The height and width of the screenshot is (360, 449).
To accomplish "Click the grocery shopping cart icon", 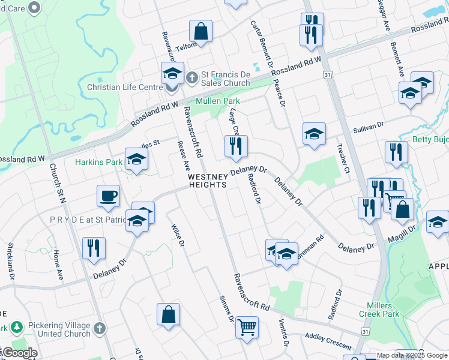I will pyautogui.click(x=247, y=327).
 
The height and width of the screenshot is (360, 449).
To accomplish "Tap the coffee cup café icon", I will pyautogui.click(x=108, y=196).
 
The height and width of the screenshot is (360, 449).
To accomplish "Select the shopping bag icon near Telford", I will pyautogui.click(x=200, y=31).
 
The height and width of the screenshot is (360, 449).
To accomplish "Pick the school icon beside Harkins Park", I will pyautogui.click(x=137, y=160).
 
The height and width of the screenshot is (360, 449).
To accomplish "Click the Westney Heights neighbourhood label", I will pyautogui.click(x=208, y=181).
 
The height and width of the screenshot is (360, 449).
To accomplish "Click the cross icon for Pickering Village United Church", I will pyautogui.click(x=100, y=329).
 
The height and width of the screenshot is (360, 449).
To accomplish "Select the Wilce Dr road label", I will pyautogui.click(x=178, y=234).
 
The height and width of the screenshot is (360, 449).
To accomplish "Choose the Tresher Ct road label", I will pyautogui.click(x=343, y=158).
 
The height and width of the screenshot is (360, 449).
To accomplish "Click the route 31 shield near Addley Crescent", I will pyautogui.click(x=365, y=331).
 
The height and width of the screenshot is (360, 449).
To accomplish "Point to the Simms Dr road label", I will pyautogui.click(x=226, y=308).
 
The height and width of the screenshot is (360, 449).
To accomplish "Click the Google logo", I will pyautogui.click(x=20, y=353).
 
